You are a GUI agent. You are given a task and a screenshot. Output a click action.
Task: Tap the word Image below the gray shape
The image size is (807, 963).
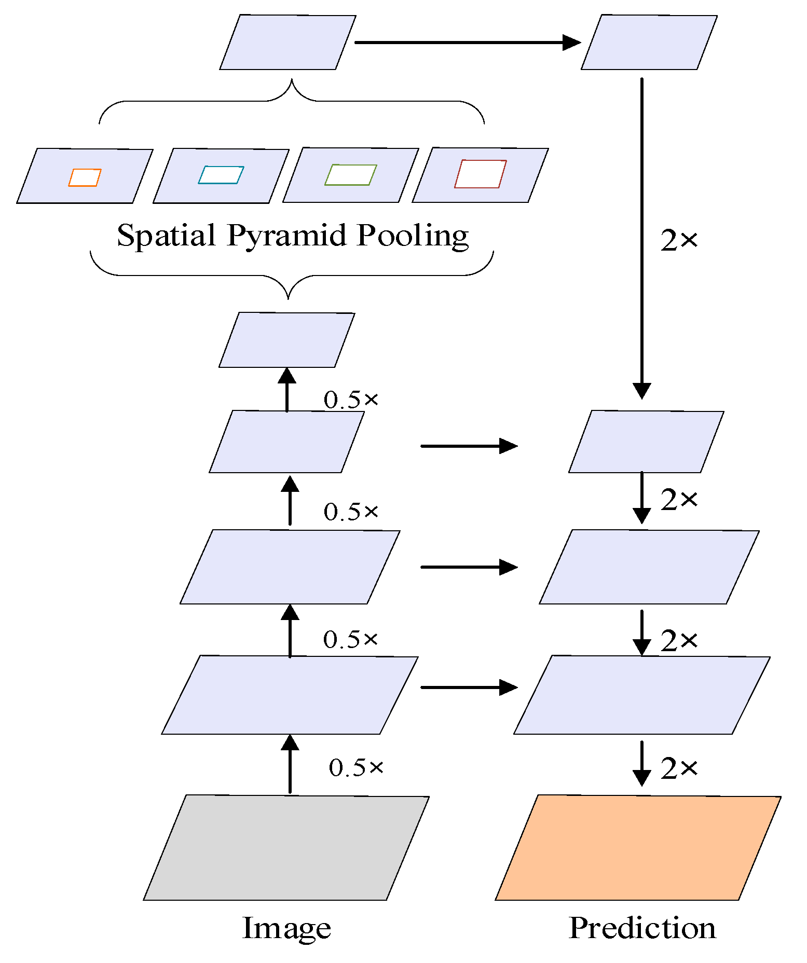pos(286,928)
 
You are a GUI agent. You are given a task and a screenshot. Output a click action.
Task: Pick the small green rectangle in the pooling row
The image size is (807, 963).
pos(351,175)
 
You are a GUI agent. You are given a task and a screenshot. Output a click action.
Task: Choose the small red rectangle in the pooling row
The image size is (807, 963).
pos(480,174)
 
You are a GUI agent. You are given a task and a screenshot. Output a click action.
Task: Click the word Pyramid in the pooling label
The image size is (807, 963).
pos(286,236)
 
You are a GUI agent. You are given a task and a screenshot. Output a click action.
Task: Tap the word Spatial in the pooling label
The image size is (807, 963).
pos(166,236)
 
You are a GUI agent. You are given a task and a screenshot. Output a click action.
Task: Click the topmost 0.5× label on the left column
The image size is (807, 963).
pos(351,400)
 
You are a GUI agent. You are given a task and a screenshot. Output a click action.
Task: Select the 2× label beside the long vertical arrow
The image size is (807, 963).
pos(679,240)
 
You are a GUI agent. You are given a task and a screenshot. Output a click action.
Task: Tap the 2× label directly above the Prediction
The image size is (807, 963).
pos(679,768)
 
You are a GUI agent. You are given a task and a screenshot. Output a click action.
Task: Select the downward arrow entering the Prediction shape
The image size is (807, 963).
pos(642,763)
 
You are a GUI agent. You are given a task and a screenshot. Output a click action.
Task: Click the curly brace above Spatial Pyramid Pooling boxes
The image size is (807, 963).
pos(292,101)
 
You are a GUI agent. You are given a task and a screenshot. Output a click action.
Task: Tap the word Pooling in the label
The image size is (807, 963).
pos(413,236)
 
